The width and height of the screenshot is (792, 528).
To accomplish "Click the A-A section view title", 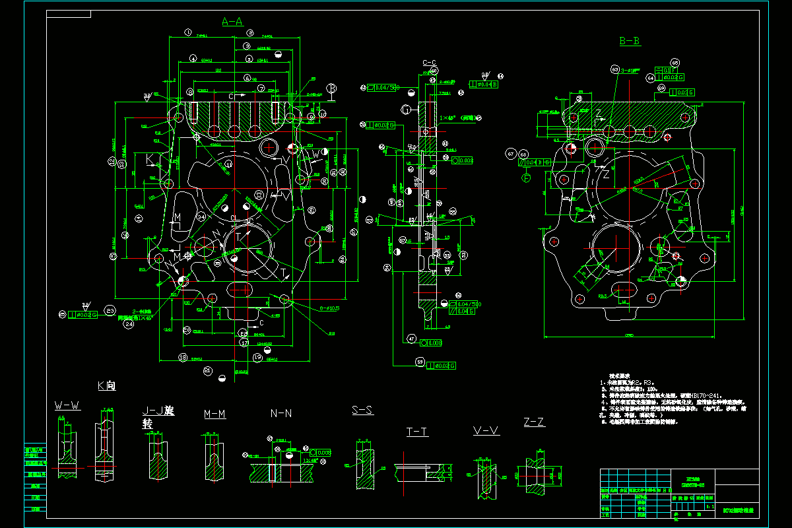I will tap(232, 22).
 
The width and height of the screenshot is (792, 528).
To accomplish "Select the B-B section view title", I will tap(629, 41).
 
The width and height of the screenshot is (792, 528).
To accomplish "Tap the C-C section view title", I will tap(429, 63).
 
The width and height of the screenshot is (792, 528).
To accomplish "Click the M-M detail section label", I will tap(214, 414).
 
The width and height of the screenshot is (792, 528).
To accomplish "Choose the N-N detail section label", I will tap(281, 413).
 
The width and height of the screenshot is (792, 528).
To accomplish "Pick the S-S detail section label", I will tap(362, 410).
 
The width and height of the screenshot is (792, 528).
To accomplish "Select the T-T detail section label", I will tap(416, 432).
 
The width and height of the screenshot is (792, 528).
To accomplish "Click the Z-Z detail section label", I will tap(534, 422).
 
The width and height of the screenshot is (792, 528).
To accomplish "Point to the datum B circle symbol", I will tap(331, 88).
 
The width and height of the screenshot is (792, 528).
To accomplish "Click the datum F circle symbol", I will tap(527, 178).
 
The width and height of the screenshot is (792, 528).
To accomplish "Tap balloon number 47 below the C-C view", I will tap(412, 339).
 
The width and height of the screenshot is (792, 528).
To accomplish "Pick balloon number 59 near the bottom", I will tap(419, 361).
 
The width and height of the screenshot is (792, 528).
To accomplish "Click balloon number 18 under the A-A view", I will tap(182, 357).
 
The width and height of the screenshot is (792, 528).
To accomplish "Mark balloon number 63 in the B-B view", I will tap(615, 69).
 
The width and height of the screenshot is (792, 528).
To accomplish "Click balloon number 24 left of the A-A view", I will tap(129, 323).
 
